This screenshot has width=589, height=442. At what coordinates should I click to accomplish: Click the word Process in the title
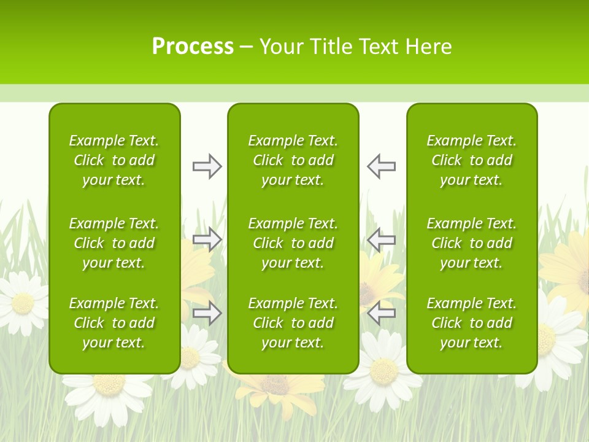tap(193, 47)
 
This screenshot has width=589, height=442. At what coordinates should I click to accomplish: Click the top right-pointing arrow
tap(207, 166)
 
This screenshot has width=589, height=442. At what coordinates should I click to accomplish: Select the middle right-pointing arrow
tap(207, 239)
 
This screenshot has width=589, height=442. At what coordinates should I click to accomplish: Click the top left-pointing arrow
tap(381, 166)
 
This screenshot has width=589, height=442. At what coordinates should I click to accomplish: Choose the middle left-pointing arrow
tap(381, 239)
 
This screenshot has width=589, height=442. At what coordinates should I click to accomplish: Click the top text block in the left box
tap(114, 160)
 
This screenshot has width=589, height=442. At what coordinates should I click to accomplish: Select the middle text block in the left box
tap(114, 243)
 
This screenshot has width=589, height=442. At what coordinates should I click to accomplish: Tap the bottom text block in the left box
tap(114, 323)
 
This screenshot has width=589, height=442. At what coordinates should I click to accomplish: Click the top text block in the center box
tap(293, 160)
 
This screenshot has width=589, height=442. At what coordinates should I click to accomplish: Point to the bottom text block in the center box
tap(293, 323)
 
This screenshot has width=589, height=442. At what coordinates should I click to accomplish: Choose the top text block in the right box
tap(471, 160)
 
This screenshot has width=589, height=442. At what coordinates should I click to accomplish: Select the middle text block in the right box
tap(471, 243)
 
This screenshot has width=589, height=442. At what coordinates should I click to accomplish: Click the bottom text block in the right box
tap(471, 323)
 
